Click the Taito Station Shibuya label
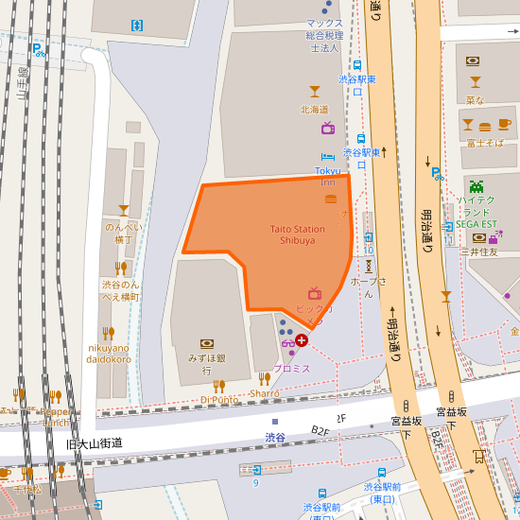(297, 234)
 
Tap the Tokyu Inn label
(327, 176)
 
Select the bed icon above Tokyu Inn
(327, 157)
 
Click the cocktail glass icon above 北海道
(315, 92)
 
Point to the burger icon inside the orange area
(330, 199)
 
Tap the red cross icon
(302, 339)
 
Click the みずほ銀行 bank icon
(206, 344)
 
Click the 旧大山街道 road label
(95, 442)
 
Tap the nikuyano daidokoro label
(110, 353)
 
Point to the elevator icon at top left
(137, 25)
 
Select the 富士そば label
(484, 143)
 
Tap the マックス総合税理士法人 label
(324, 34)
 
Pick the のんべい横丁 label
(123, 234)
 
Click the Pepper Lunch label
(58, 417)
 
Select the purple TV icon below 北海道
(327, 128)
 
